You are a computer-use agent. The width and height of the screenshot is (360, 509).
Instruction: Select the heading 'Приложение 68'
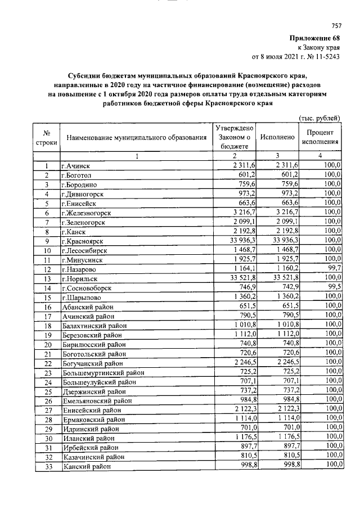pyautogui.click(x=316, y=38)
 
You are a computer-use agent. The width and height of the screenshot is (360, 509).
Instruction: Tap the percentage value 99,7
pyautogui.click(x=332, y=269)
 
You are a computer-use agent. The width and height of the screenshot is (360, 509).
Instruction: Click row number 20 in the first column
pyautogui.click(x=48, y=344)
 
